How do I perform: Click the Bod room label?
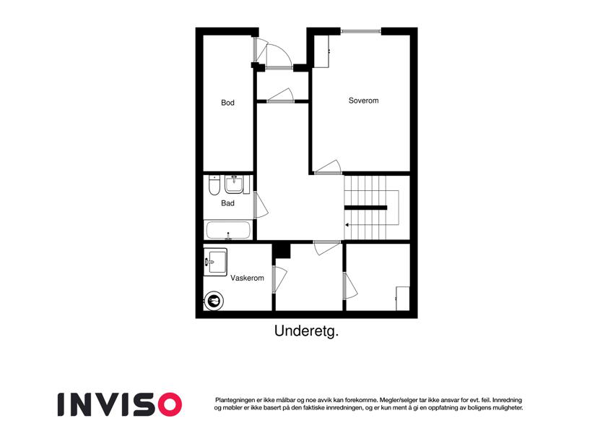tap(227, 103)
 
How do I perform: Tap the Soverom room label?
tap(364, 101)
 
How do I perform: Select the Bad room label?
tap(227, 203)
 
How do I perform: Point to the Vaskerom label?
tap(247, 278)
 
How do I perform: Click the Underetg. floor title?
tap(306, 331)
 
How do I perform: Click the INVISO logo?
tap(120, 404)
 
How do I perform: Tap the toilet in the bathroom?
tap(214, 185)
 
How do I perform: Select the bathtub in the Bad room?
tap(228, 230)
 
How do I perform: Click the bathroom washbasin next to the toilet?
tap(234, 184)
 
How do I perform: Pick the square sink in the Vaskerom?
tap(215, 262)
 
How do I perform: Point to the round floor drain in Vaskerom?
tap(214, 301)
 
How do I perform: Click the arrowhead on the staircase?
tap(347, 225)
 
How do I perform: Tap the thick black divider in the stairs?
tap(365, 208)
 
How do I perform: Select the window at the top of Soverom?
tap(361, 31)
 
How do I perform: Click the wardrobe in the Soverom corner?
tap(322, 51)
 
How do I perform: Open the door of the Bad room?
tap(261, 205)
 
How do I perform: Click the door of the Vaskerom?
tap(279, 279)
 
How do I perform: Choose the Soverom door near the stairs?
tap(328, 167)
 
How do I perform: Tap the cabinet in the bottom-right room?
tap(403, 299)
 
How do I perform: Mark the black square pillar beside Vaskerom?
tap(282, 251)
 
